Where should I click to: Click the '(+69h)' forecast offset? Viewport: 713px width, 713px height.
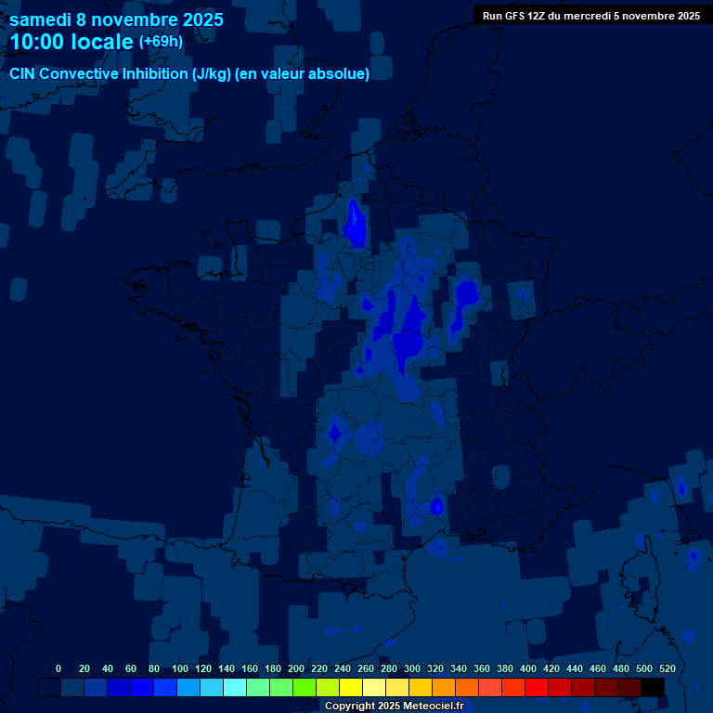161,42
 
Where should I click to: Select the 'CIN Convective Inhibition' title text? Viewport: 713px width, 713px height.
98,73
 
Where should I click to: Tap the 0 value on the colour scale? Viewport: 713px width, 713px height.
58,668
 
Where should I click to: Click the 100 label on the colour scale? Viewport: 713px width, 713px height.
180,668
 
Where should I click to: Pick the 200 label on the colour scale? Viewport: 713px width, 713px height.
296,668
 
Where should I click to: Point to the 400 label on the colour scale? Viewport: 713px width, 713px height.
528,668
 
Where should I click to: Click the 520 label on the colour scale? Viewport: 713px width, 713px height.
667,668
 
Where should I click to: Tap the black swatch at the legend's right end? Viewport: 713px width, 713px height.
653,687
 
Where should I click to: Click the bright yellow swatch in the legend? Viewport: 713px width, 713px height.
351,687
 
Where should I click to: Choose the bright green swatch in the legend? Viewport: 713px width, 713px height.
305,687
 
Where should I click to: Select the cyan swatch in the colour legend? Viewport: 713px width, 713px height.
235,687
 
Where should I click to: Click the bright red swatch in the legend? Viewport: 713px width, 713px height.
537,687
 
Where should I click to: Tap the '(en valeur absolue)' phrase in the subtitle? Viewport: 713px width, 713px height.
304,73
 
